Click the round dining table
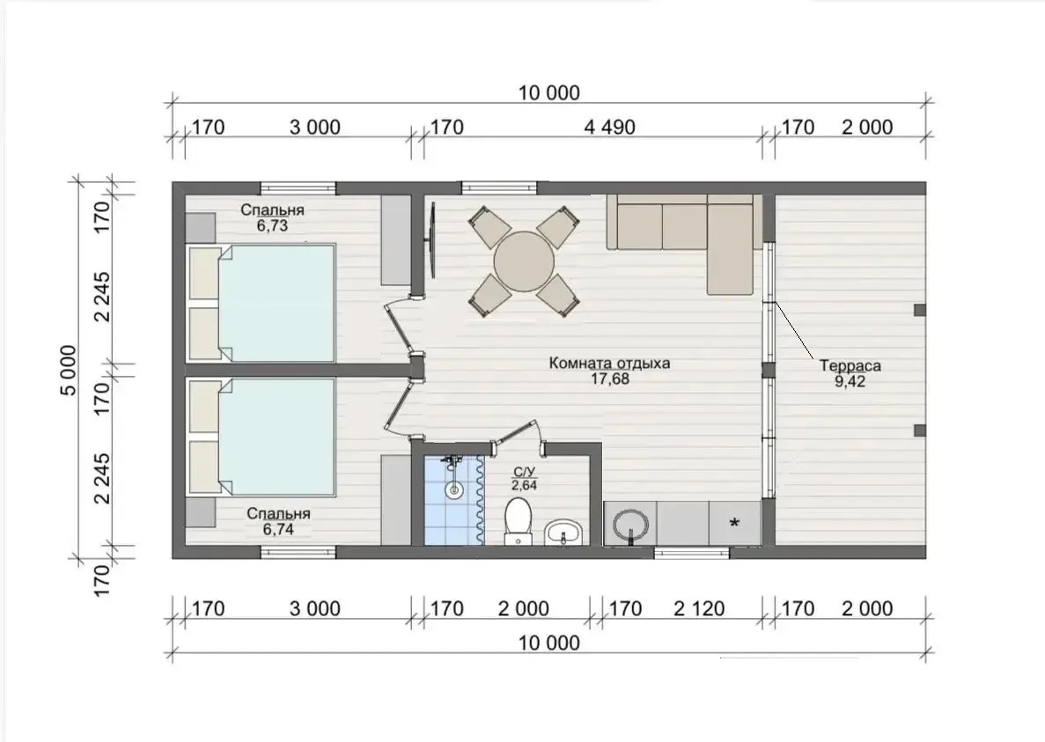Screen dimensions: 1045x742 [x=524, y=261]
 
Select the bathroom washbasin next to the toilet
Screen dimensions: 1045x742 [x=563, y=533]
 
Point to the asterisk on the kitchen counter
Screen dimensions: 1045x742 [x=734, y=524]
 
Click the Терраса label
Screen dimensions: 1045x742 [x=850, y=365]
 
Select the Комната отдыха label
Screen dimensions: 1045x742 [x=610, y=364]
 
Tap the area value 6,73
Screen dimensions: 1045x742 [x=272, y=226]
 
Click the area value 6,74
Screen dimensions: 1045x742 [x=278, y=530]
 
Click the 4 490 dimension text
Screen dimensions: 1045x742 [x=610, y=127]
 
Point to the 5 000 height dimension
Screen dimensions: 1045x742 [x=69, y=371]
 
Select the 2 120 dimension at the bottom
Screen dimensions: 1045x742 [x=699, y=608]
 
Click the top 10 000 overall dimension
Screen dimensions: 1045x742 [x=549, y=92]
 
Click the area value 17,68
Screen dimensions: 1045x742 [x=610, y=379]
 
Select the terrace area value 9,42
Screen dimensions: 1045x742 [x=850, y=382]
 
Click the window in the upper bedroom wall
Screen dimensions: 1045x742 [x=298, y=187]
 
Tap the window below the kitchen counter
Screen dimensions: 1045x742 [x=692, y=552]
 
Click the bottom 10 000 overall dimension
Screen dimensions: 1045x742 [x=549, y=643]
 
